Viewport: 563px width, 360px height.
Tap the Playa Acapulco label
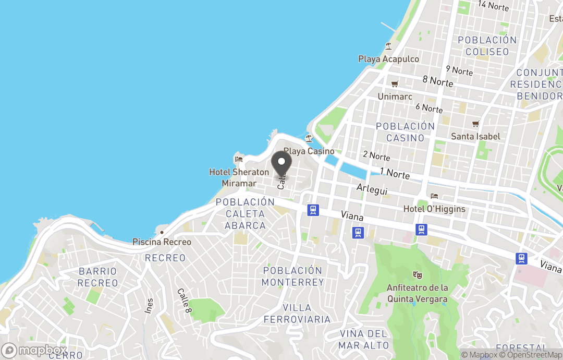388,59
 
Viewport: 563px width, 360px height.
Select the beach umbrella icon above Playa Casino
309,138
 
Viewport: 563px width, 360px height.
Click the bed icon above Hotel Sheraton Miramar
239,159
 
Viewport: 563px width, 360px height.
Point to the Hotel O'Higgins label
434,209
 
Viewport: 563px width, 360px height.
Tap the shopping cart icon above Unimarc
395,84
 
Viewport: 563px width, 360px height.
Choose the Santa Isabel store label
475,136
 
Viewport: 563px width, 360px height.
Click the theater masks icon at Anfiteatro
417,274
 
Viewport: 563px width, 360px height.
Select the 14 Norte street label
493,6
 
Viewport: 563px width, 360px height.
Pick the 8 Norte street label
437,81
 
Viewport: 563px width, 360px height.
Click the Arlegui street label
371,189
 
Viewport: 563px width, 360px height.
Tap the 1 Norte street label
395,173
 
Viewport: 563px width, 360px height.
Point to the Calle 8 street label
183,301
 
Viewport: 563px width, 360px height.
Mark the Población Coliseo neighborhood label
487,46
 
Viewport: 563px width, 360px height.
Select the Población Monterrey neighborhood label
292,276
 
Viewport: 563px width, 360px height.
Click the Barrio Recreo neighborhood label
98,277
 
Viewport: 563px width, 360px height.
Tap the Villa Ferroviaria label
297,313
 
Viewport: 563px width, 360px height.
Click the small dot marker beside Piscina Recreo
162,232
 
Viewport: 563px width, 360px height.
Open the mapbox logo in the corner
34,350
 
